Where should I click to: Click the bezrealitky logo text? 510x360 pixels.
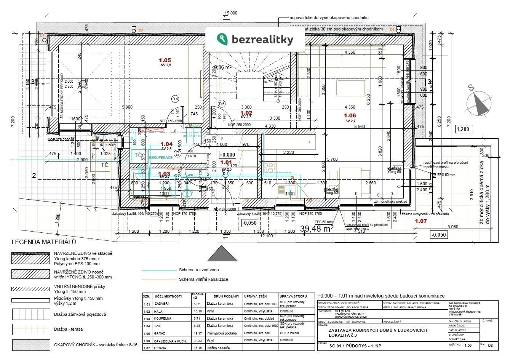pos(262,39)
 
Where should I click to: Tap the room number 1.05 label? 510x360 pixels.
pos(165,60)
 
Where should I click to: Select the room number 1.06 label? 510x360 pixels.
pos(350,115)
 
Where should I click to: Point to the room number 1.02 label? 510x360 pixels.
pos(246,113)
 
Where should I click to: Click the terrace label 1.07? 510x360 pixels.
pos(421,221)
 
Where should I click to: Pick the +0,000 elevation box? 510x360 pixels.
pos(228,155)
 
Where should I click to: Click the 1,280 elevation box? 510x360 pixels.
pos(464,130)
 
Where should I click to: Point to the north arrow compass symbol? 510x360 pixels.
pos(478,102)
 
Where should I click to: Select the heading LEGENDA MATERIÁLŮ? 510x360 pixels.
pos(44,242)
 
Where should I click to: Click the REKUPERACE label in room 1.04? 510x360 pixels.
pos(161,157)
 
